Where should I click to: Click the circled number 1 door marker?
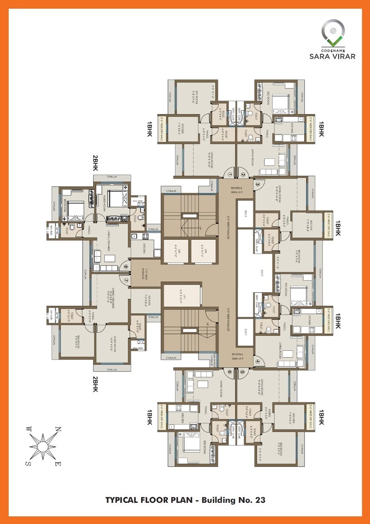coord(229,175)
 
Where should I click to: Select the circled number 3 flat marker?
coord(258,184)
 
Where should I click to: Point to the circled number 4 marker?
coord(258,362)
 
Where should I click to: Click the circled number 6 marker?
coord(229,372)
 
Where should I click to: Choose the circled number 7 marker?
coord(126,280)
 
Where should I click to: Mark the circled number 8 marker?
coord(126,267)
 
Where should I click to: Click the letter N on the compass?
coord(57,430)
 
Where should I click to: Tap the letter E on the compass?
coord(57,464)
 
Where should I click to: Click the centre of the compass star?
coord(43,446)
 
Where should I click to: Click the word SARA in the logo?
coord(326,55)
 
